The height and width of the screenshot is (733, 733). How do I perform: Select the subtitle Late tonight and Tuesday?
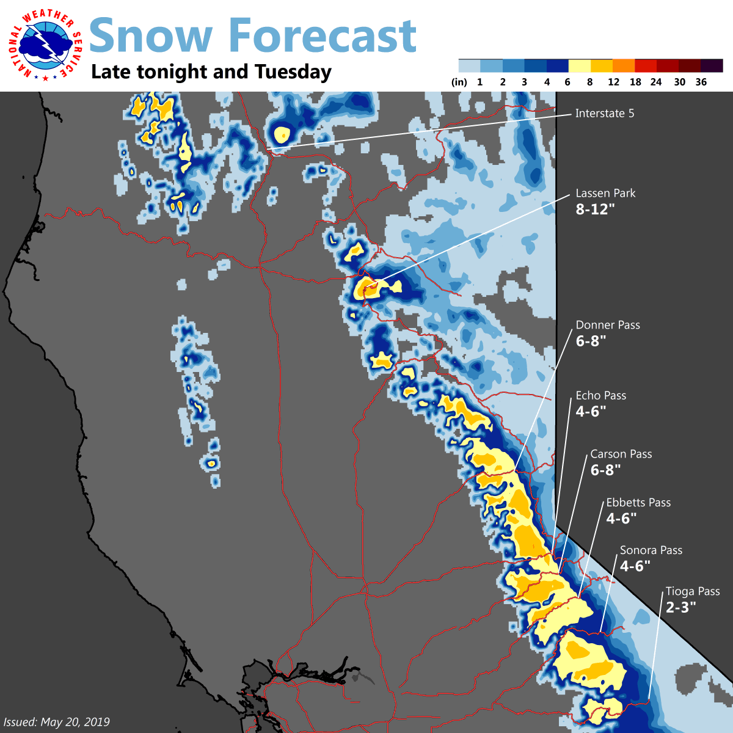(211, 72)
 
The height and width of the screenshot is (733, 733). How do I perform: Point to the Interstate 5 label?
(604, 113)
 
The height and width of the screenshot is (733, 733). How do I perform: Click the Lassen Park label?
(605, 193)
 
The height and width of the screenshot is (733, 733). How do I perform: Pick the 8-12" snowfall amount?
(596, 209)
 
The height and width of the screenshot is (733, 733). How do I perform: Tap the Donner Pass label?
(608, 325)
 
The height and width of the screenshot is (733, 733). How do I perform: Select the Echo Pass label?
(600, 395)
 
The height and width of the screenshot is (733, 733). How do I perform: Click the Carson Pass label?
(621, 454)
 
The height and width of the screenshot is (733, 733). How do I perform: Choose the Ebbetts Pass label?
(638, 502)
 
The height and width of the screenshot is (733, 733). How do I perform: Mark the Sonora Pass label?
(651, 550)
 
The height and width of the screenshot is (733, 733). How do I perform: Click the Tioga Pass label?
(692, 591)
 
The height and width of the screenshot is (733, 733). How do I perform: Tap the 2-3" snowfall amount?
(680, 607)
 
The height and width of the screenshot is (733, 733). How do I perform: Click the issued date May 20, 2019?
(56, 722)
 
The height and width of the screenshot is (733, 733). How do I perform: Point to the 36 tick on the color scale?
(701, 82)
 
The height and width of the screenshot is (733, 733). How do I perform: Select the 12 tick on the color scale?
(613, 82)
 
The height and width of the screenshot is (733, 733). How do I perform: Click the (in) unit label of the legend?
(459, 82)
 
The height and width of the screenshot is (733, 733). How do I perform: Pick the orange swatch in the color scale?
(624, 66)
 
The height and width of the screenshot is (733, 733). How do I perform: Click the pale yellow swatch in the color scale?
(580, 66)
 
